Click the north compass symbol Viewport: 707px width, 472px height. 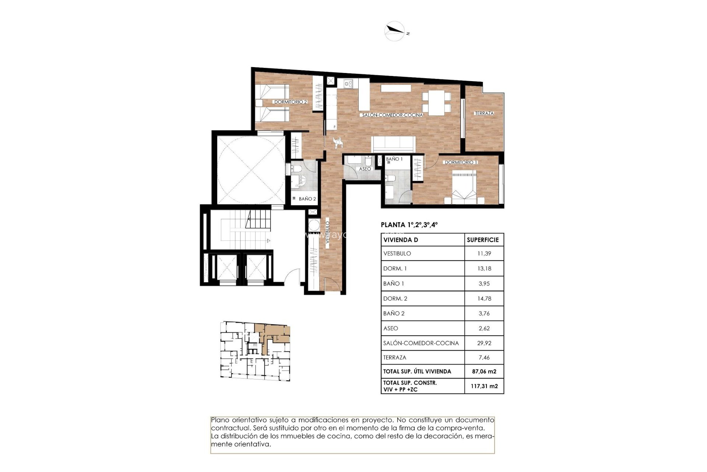[x=395, y=31]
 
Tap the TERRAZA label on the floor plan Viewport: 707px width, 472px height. [x=484, y=113]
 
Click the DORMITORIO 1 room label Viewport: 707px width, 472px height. [x=461, y=162]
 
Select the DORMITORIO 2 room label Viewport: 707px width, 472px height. [x=290, y=102]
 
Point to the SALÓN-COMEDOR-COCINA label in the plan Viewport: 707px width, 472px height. [x=392, y=115]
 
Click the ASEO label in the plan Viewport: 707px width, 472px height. [x=365, y=169]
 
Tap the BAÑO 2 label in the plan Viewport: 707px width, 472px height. [x=307, y=199]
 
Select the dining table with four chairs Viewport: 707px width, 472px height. [x=436, y=103]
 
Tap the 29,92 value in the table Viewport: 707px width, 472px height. [x=484, y=343]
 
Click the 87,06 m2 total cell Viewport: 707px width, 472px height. [x=484, y=371]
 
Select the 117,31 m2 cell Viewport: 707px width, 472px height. [x=484, y=386]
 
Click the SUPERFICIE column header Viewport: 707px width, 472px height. [x=482, y=240]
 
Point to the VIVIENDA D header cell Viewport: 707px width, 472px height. [x=401, y=240]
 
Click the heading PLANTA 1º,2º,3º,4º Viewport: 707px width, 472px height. [x=409, y=225]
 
